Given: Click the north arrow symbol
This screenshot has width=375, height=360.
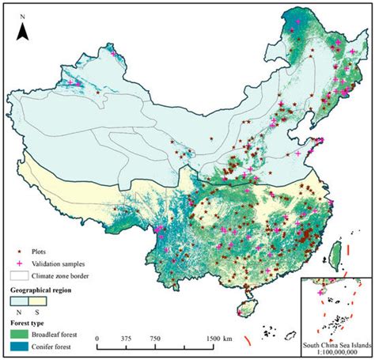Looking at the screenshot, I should click(x=24, y=31).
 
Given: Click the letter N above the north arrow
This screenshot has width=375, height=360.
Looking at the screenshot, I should click(x=24, y=15).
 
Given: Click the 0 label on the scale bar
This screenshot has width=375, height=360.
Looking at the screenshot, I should click(x=97, y=337).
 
